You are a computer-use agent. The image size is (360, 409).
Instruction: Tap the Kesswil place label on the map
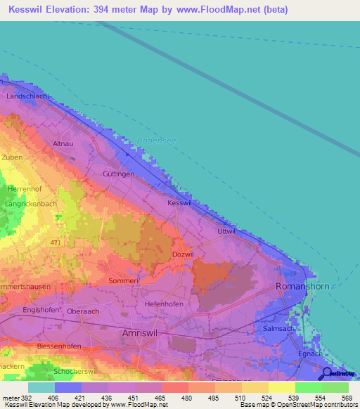[x=179, y=202]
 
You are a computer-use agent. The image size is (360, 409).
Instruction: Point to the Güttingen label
[x=118, y=173]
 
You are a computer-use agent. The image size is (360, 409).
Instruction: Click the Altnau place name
[x=64, y=143]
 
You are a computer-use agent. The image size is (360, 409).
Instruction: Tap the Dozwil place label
[x=182, y=254]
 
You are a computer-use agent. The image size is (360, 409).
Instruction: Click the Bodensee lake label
[x=159, y=141]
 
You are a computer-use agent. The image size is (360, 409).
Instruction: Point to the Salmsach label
[x=297, y=328]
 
